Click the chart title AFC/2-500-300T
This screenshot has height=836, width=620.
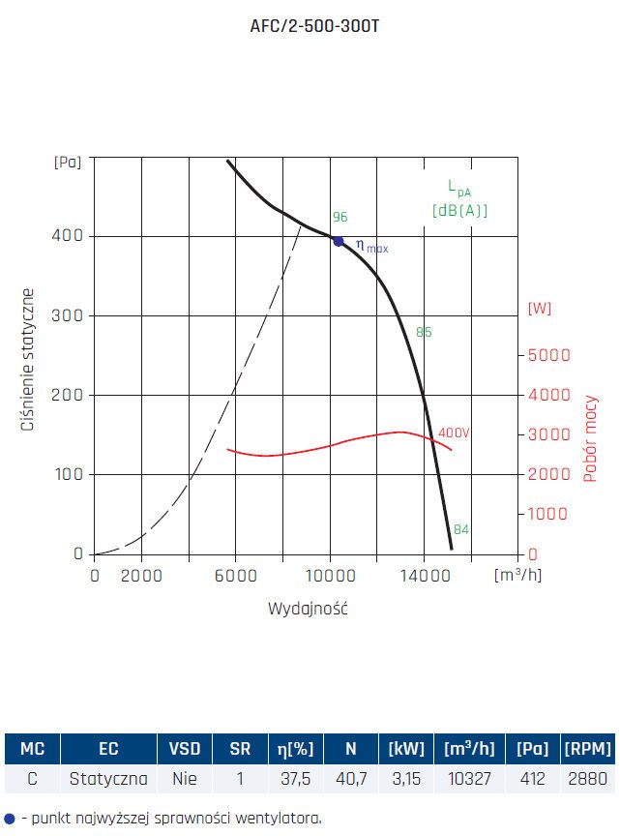310,26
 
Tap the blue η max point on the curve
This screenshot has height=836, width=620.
339,241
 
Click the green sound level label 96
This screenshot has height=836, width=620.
340,218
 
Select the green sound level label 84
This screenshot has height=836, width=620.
461,529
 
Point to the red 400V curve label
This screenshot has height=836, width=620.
454,433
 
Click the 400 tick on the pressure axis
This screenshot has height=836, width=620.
72,236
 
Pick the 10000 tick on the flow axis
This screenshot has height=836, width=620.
331,575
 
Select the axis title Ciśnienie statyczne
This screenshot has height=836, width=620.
30,359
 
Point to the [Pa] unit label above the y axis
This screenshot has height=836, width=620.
67,164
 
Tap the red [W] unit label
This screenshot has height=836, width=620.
540,309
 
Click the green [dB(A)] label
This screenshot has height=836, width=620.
459,210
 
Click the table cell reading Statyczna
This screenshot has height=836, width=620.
108,779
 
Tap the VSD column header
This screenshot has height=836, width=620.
185,749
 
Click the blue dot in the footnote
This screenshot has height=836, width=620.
10,818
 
